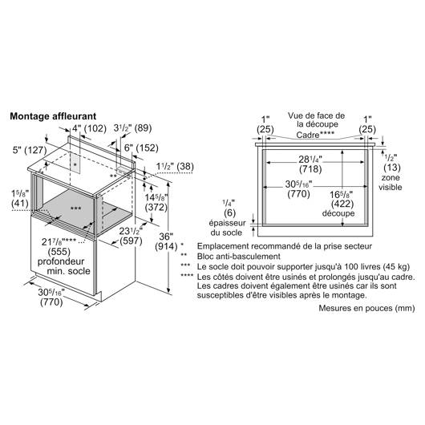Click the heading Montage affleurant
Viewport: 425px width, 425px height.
(x=53, y=116)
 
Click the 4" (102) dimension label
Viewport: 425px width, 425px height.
(x=89, y=128)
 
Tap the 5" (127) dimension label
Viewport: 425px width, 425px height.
(x=30, y=150)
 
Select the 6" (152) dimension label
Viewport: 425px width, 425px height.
(x=141, y=148)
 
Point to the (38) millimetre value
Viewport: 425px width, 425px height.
(x=185, y=166)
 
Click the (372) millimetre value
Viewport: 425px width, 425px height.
(x=156, y=208)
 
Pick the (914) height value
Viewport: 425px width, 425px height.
(x=166, y=247)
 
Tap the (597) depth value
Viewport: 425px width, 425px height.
(x=132, y=241)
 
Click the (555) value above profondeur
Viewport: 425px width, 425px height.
(x=59, y=252)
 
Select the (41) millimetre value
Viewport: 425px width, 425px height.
(x=20, y=203)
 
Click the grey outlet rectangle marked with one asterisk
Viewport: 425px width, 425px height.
(x=75, y=162)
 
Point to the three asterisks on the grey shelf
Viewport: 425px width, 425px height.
(x=75, y=208)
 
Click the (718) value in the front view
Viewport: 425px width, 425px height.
(x=310, y=169)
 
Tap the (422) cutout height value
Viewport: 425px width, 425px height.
(x=342, y=204)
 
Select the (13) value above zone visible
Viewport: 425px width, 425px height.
(x=392, y=168)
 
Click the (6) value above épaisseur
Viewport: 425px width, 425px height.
(x=230, y=213)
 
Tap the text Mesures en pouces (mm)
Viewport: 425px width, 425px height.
(x=366, y=308)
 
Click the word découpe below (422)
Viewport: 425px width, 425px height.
(x=338, y=213)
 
